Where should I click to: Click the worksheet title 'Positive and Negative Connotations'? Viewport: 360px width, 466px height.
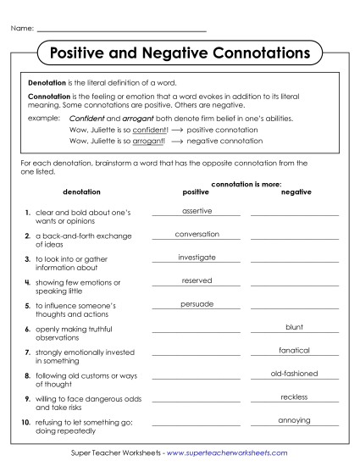pos(180,53)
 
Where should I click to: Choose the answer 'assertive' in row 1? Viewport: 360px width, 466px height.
pos(197,210)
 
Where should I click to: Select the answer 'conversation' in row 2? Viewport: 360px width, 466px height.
pos(197,234)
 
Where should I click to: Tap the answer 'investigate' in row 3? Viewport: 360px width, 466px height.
pos(197,257)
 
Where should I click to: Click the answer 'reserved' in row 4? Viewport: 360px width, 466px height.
pos(197,280)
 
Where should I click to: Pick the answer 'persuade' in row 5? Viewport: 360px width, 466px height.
pos(197,303)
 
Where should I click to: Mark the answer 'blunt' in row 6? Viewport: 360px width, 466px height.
pos(295,326)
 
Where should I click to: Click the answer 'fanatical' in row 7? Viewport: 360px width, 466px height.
pos(295,350)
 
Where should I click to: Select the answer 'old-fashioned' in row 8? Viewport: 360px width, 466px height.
pos(295,373)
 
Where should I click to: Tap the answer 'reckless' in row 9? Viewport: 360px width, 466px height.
pos(295,397)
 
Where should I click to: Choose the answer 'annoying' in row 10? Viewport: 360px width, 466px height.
pos(295,420)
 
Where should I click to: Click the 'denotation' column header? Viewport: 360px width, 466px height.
pos(81,192)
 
